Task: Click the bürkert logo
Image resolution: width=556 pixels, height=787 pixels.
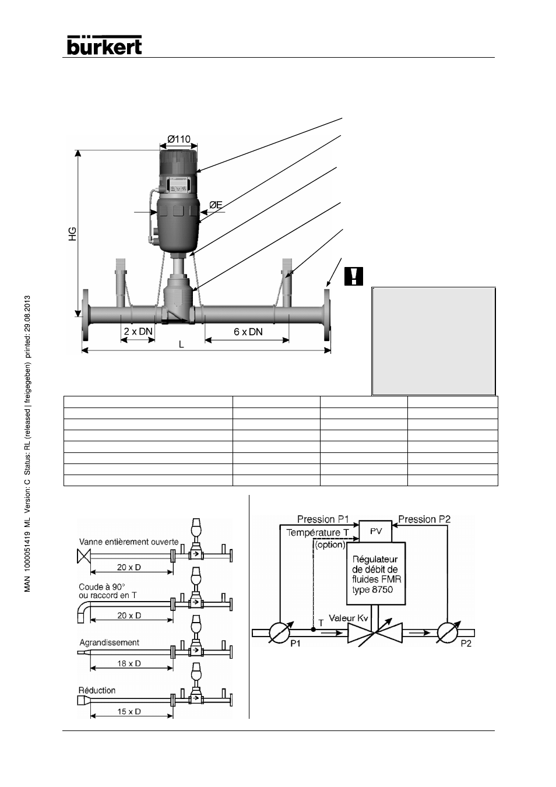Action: (x=104, y=45)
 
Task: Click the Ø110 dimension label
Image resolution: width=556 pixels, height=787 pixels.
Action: (x=179, y=139)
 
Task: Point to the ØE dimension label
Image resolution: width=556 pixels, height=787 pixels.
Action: (x=216, y=205)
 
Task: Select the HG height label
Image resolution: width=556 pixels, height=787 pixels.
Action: (x=72, y=234)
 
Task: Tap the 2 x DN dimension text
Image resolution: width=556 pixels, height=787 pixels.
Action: (x=138, y=331)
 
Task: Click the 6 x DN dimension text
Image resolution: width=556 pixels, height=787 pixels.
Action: (x=248, y=332)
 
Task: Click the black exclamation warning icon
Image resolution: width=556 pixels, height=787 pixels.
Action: (x=354, y=276)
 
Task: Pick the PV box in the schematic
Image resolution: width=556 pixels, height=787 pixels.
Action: (x=375, y=531)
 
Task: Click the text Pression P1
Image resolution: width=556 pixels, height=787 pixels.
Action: (x=323, y=519)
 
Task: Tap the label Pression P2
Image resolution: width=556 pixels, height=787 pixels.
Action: (x=424, y=519)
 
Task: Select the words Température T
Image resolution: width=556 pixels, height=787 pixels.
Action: (x=318, y=533)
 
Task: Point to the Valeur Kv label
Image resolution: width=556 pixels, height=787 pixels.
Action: (x=348, y=618)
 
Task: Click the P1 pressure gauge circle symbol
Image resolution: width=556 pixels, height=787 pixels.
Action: (x=280, y=633)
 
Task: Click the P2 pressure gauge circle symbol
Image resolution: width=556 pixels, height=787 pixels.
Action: (x=448, y=633)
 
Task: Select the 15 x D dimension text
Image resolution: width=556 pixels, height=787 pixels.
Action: (x=129, y=711)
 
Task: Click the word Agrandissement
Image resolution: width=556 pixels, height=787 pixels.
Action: (x=109, y=642)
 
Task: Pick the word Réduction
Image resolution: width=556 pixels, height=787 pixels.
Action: (x=97, y=690)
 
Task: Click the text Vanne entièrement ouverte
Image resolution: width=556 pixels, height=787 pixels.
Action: (x=129, y=542)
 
